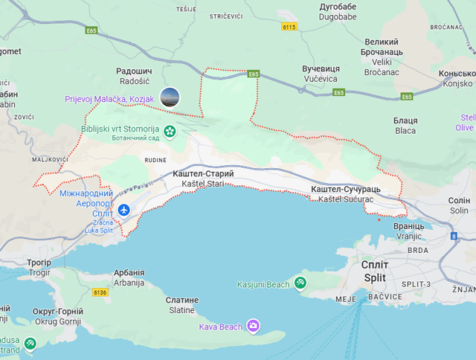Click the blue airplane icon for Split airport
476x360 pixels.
pos(123,210)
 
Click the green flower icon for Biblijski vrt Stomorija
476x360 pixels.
pos(170,132)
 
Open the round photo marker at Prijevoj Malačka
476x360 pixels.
pos(170,96)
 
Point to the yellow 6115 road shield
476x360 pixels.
pos(289,27)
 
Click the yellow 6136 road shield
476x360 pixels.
pos(100,292)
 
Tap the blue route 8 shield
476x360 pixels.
pos(454,236)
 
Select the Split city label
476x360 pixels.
pos(374,271)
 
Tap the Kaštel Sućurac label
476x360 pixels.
pos(345,196)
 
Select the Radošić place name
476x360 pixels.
pos(135,77)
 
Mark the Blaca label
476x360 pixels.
pos(405,126)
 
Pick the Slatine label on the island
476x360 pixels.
pos(182,305)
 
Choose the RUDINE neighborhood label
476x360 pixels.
pos(155,158)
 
